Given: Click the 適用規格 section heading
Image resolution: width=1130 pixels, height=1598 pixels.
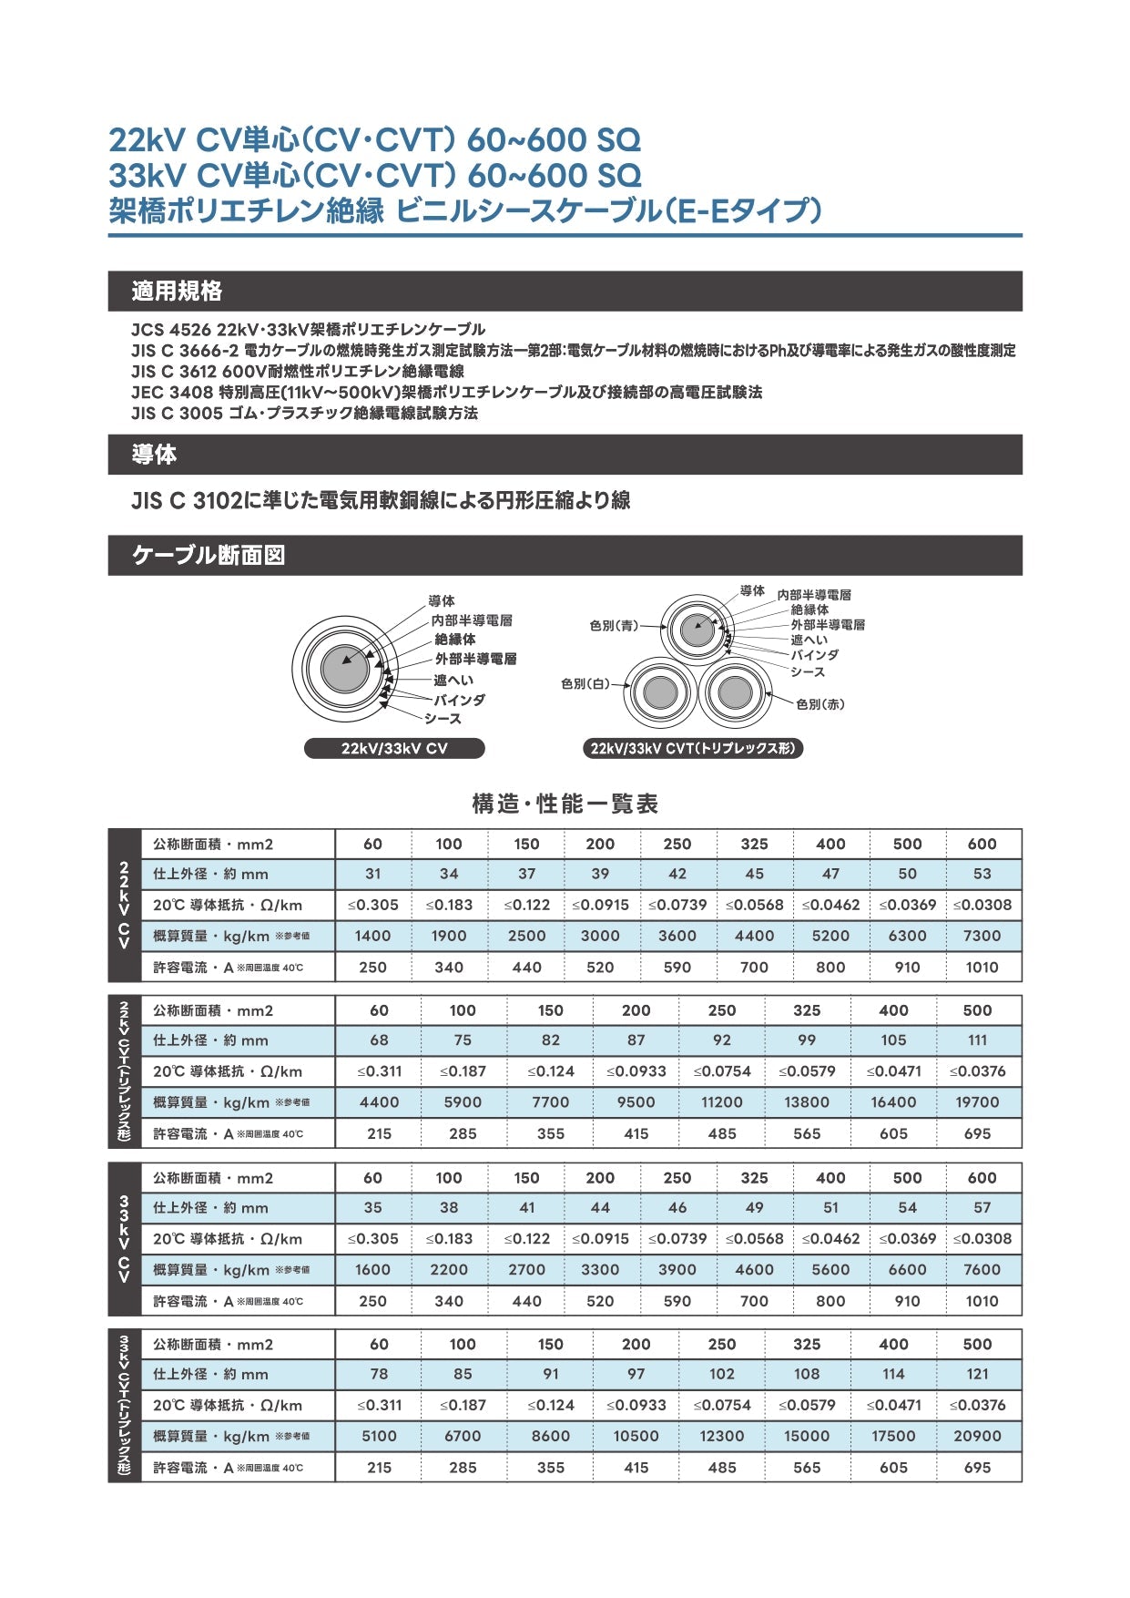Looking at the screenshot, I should [x=177, y=292].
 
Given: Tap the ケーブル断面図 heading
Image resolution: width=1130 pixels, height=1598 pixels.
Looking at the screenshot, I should [x=209, y=555].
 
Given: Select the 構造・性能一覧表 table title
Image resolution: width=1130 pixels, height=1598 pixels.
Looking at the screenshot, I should [x=565, y=804].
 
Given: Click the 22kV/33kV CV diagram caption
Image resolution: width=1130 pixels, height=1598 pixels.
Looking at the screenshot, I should [x=394, y=749].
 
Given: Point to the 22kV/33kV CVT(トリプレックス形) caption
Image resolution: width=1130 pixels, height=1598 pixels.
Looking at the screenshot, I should [x=692, y=749].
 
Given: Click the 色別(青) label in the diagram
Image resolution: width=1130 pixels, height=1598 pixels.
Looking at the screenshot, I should [x=614, y=626].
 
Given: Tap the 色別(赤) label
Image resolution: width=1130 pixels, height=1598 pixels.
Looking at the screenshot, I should [x=820, y=704].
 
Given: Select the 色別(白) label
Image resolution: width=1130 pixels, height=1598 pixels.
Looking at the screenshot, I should [x=585, y=683].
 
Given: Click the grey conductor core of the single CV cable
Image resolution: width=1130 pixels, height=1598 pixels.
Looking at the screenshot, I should [x=345, y=669].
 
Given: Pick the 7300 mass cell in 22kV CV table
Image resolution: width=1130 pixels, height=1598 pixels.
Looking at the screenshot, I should [x=982, y=936].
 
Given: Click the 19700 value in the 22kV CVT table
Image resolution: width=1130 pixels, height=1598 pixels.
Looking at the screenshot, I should [x=977, y=1102].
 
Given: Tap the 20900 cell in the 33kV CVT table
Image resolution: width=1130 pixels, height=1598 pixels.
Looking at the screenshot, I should [x=977, y=1436].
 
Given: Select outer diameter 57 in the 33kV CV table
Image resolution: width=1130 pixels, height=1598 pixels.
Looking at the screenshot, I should [x=982, y=1208].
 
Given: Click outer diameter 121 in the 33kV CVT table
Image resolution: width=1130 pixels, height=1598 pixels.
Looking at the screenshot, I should [x=977, y=1374].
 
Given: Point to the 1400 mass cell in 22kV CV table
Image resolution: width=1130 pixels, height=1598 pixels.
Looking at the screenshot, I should [x=372, y=936].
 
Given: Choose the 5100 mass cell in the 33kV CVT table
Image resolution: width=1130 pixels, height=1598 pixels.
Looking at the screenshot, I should [x=379, y=1436].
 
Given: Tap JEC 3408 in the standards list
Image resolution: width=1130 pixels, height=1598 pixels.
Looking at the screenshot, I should [x=172, y=393].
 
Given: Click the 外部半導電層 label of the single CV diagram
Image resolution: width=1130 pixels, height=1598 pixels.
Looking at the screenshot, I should [x=475, y=659].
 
